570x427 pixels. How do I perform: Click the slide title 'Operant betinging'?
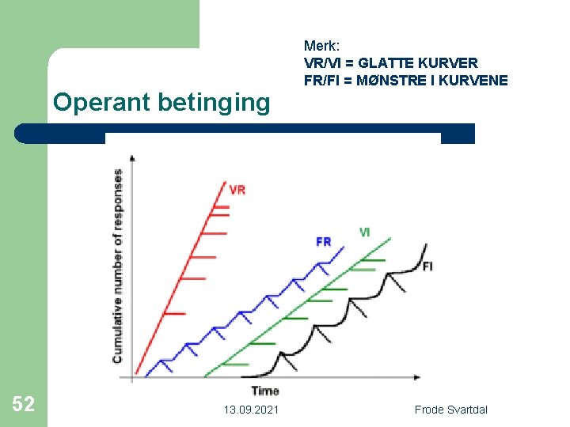tap(161, 103)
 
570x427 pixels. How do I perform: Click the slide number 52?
tap(24, 405)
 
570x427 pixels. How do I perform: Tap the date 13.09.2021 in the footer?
tap(250, 409)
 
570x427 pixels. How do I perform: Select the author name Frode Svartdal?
tap(451, 409)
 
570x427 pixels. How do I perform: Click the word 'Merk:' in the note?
tap(320, 45)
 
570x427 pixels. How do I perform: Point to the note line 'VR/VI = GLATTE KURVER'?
tap(390, 62)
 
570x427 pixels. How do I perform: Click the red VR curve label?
tap(237, 190)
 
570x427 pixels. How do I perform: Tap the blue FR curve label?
tap(323, 241)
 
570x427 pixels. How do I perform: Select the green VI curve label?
tap(364, 232)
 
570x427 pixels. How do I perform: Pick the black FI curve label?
tap(427, 266)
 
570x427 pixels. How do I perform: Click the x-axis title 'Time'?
tap(264, 391)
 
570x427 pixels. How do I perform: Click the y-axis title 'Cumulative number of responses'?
tap(117, 266)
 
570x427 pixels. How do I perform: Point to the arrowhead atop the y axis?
tap(131, 157)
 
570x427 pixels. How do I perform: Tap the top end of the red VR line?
tap(224, 181)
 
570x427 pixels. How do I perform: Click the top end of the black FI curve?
tap(427, 244)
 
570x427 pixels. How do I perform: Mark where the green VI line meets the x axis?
tap(203, 377)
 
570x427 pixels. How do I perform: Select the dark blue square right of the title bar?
tap(458, 134)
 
